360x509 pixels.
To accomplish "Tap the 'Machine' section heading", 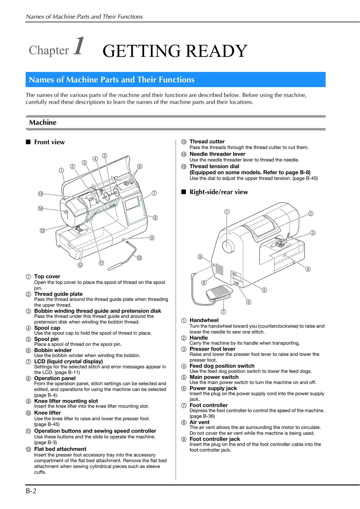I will click(x=43, y=122).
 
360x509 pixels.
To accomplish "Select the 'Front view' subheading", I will click(x=49, y=142).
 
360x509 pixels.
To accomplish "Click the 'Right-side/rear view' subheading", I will click(x=218, y=192).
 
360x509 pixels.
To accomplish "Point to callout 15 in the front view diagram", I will click(x=40, y=194).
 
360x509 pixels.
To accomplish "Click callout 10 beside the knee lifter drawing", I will click(x=139, y=258).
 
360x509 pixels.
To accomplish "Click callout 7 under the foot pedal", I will click(x=223, y=311).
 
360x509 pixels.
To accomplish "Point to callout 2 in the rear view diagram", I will click(x=311, y=213).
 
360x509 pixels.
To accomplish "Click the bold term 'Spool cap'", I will click(x=47, y=328).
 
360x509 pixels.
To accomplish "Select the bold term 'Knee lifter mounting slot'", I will click(x=66, y=401).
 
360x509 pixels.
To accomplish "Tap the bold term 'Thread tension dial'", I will click(x=214, y=166).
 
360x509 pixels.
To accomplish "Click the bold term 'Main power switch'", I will click(x=214, y=377).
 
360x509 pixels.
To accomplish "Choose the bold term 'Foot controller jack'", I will click(x=215, y=439).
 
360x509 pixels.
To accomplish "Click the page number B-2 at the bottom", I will click(x=31, y=491).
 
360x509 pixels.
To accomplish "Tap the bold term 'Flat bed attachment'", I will click(x=60, y=449).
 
